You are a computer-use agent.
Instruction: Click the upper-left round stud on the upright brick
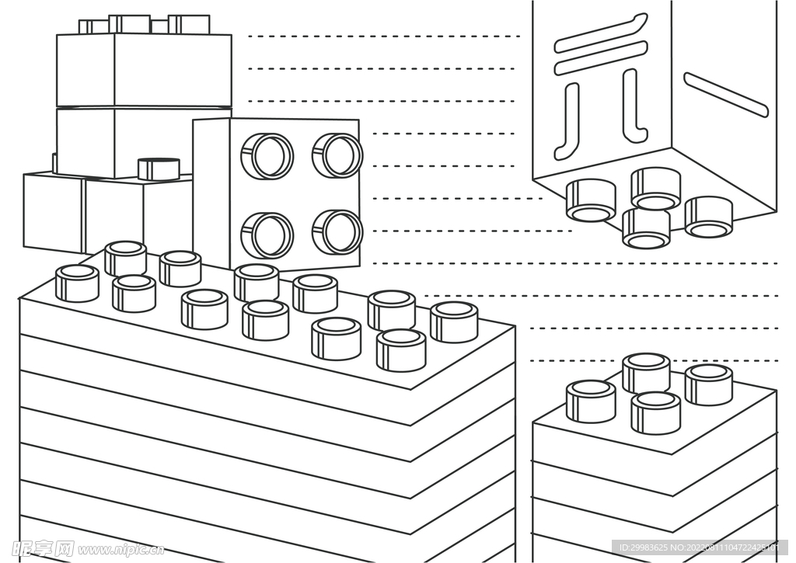coord(267,156)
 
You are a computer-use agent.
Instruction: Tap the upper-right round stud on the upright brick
coord(337,155)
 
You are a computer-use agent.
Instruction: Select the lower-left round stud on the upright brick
coord(267,235)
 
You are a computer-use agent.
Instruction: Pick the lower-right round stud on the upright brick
coord(337,231)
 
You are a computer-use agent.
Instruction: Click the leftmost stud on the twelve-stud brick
coord(77,283)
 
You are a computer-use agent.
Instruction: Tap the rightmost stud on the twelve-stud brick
coord(454,321)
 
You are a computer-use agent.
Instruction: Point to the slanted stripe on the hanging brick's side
coord(725,95)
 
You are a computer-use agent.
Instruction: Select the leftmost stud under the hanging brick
coord(591,200)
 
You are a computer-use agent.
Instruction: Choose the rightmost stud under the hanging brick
coord(708,217)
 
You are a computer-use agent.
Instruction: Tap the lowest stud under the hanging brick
coord(646,229)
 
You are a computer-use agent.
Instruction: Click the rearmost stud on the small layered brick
coord(646,373)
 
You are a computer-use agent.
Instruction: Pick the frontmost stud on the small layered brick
coord(655,412)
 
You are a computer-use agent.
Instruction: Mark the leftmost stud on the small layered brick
coord(591,401)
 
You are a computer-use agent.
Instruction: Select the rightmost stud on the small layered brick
coord(708,384)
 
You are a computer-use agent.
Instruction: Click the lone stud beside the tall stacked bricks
coord(159,169)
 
